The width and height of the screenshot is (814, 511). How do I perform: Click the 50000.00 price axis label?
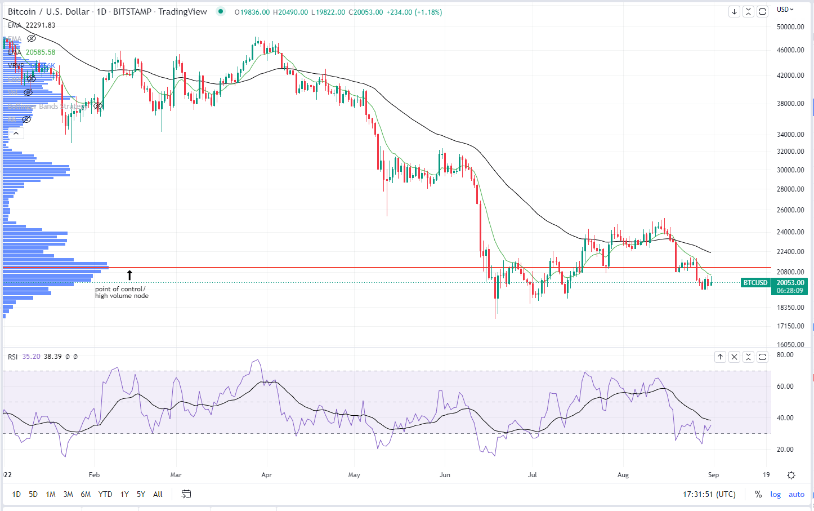coord(790,26)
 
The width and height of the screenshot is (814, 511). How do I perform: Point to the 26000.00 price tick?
coord(790,210)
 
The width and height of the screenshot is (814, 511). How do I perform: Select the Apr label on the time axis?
coord(267,475)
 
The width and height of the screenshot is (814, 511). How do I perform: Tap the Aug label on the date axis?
coord(623,475)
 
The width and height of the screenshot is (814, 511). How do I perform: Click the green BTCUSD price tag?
coord(755,283)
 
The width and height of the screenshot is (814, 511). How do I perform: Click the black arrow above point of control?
coord(129,275)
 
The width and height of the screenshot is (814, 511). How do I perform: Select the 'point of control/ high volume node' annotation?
coord(122,292)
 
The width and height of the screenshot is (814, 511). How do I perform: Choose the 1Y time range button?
coord(124,494)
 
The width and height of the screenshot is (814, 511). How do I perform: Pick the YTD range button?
coord(105,494)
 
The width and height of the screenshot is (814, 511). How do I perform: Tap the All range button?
coord(158,494)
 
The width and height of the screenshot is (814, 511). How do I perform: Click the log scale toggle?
coord(775,494)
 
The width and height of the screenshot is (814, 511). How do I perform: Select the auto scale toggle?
coord(797,494)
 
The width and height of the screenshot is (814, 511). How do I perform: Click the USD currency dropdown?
coord(785,10)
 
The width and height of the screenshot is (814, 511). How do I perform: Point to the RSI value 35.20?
coord(31,357)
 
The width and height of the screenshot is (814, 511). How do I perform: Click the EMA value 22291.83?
coord(40,25)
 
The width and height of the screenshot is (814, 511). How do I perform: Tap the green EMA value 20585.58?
coord(40,52)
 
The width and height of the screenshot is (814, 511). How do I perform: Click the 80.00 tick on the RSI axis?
coord(785,355)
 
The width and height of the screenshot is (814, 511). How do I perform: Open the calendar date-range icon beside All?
coord(186,494)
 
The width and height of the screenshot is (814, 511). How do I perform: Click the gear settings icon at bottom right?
coord(791,475)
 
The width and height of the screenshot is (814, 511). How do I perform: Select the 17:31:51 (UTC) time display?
coord(709,494)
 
